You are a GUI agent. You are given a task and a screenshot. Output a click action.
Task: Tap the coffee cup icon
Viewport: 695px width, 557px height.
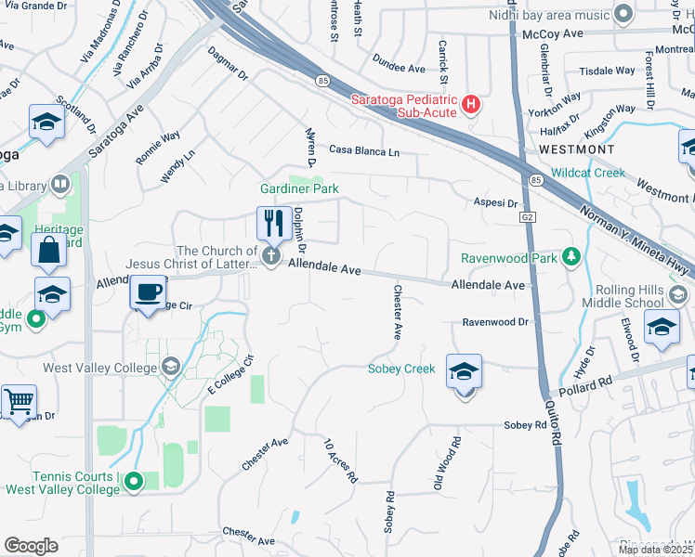pos(148,291)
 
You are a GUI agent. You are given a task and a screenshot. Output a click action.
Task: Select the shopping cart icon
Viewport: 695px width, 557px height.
pos(19,401)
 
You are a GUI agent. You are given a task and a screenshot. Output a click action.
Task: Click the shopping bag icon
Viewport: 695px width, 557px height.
pos(48,249)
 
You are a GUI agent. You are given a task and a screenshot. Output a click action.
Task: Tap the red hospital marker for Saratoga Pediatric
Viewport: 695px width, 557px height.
pos(471,102)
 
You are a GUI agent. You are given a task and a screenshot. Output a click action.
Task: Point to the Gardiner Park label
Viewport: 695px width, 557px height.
pos(299,189)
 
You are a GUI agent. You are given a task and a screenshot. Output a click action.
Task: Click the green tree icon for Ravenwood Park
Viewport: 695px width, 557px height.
pos(572,256)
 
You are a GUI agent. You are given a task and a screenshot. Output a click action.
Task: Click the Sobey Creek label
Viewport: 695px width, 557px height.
pos(401,369)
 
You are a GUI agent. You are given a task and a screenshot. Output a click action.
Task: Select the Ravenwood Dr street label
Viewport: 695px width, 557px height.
pos(496,322)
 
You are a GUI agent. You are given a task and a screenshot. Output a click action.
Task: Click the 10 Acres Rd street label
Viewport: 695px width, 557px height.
pos(340,460)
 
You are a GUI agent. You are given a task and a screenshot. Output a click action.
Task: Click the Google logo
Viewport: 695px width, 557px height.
pos(31,545)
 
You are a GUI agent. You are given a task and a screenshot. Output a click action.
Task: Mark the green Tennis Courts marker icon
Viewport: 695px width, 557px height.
pos(134,481)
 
